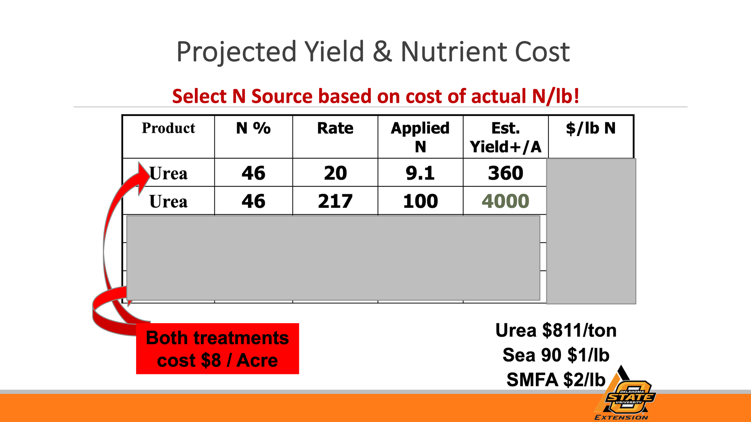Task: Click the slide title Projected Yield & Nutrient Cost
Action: click(x=373, y=52)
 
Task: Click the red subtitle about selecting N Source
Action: click(x=375, y=96)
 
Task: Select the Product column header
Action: click(x=168, y=128)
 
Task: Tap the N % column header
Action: click(x=253, y=128)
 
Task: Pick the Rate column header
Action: click(x=335, y=128)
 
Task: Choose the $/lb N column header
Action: click(x=591, y=128)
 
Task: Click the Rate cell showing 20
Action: click(x=335, y=173)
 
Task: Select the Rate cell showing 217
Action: click(x=335, y=201)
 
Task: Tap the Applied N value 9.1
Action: click(x=420, y=173)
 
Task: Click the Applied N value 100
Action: click(x=420, y=201)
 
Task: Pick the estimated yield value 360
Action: click(x=505, y=173)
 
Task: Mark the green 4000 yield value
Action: click(x=505, y=201)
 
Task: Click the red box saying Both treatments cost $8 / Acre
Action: click(x=217, y=349)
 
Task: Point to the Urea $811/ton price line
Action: click(x=556, y=331)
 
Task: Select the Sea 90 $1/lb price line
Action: click(x=556, y=355)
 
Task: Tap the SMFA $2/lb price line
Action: click(x=556, y=380)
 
